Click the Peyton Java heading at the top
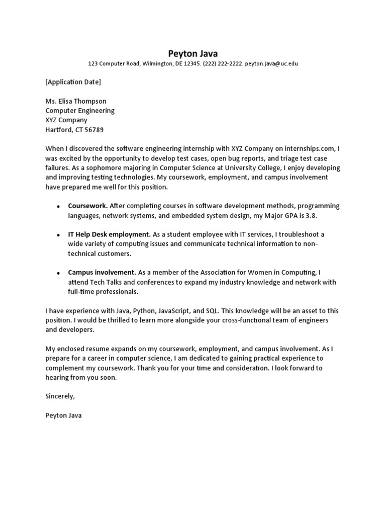pyautogui.click(x=193, y=53)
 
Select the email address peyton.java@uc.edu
pyautogui.click(x=271, y=64)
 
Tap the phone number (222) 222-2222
pyautogui.click(x=223, y=64)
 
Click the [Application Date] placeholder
pyautogui.click(x=73, y=82)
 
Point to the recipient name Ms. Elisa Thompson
pyautogui.click(x=76, y=101)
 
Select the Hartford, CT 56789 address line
pyautogui.click(x=74, y=130)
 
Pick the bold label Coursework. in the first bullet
pyautogui.click(x=87, y=206)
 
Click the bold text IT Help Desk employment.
pyautogui.click(x=109, y=234)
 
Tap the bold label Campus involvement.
pyautogui.click(x=102, y=273)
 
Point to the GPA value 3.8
pyautogui.click(x=313, y=215)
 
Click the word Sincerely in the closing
pyautogui.click(x=60, y=396)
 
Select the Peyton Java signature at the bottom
pyautogui.click(x=63, y=415)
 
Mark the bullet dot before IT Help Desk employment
pyautogui.click(x=58, y=235)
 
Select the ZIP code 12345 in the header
pyautogui.click(x=192, y=64)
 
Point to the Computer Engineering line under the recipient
pyautogui.click(x=80, y=111)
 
